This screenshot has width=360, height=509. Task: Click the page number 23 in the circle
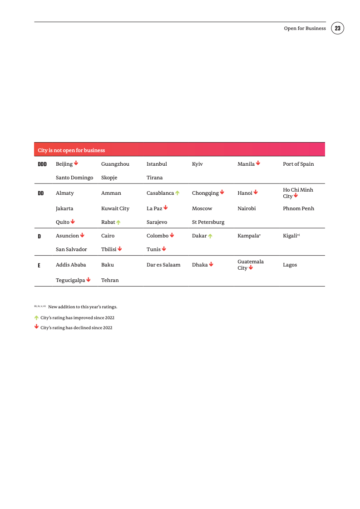[x=337, y=28]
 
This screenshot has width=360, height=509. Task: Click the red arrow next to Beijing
[x=76, y=163]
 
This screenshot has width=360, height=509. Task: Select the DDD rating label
[x=42, y=164]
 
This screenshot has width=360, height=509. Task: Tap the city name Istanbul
[x=157, y=164]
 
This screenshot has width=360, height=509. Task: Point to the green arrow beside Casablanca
[x=178, y=193]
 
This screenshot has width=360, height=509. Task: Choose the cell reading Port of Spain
[x=298, y=164]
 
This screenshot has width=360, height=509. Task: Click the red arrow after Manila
[x=258, y=163]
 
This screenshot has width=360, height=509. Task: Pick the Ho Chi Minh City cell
[x=298, y=193]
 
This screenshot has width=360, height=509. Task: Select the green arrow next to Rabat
[x=118, y=222]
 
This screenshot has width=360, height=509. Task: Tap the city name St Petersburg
[x=208, y=222]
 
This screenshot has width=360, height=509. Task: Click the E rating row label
[x=39, y=265]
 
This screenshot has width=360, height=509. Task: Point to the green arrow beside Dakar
[x=210, y=236]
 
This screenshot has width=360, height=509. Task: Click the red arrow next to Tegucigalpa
[x=88, y=280]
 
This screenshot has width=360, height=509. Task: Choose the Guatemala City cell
[x=250, y=265]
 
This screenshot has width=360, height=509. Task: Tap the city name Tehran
[x=110, y=280]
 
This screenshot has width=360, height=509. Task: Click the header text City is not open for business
[x=71, y=150]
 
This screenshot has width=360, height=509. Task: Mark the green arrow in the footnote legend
[x=36, y=318]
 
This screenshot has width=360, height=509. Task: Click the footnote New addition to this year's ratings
[x=82, y=307]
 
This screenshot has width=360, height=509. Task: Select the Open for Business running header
[x=305, y=28]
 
